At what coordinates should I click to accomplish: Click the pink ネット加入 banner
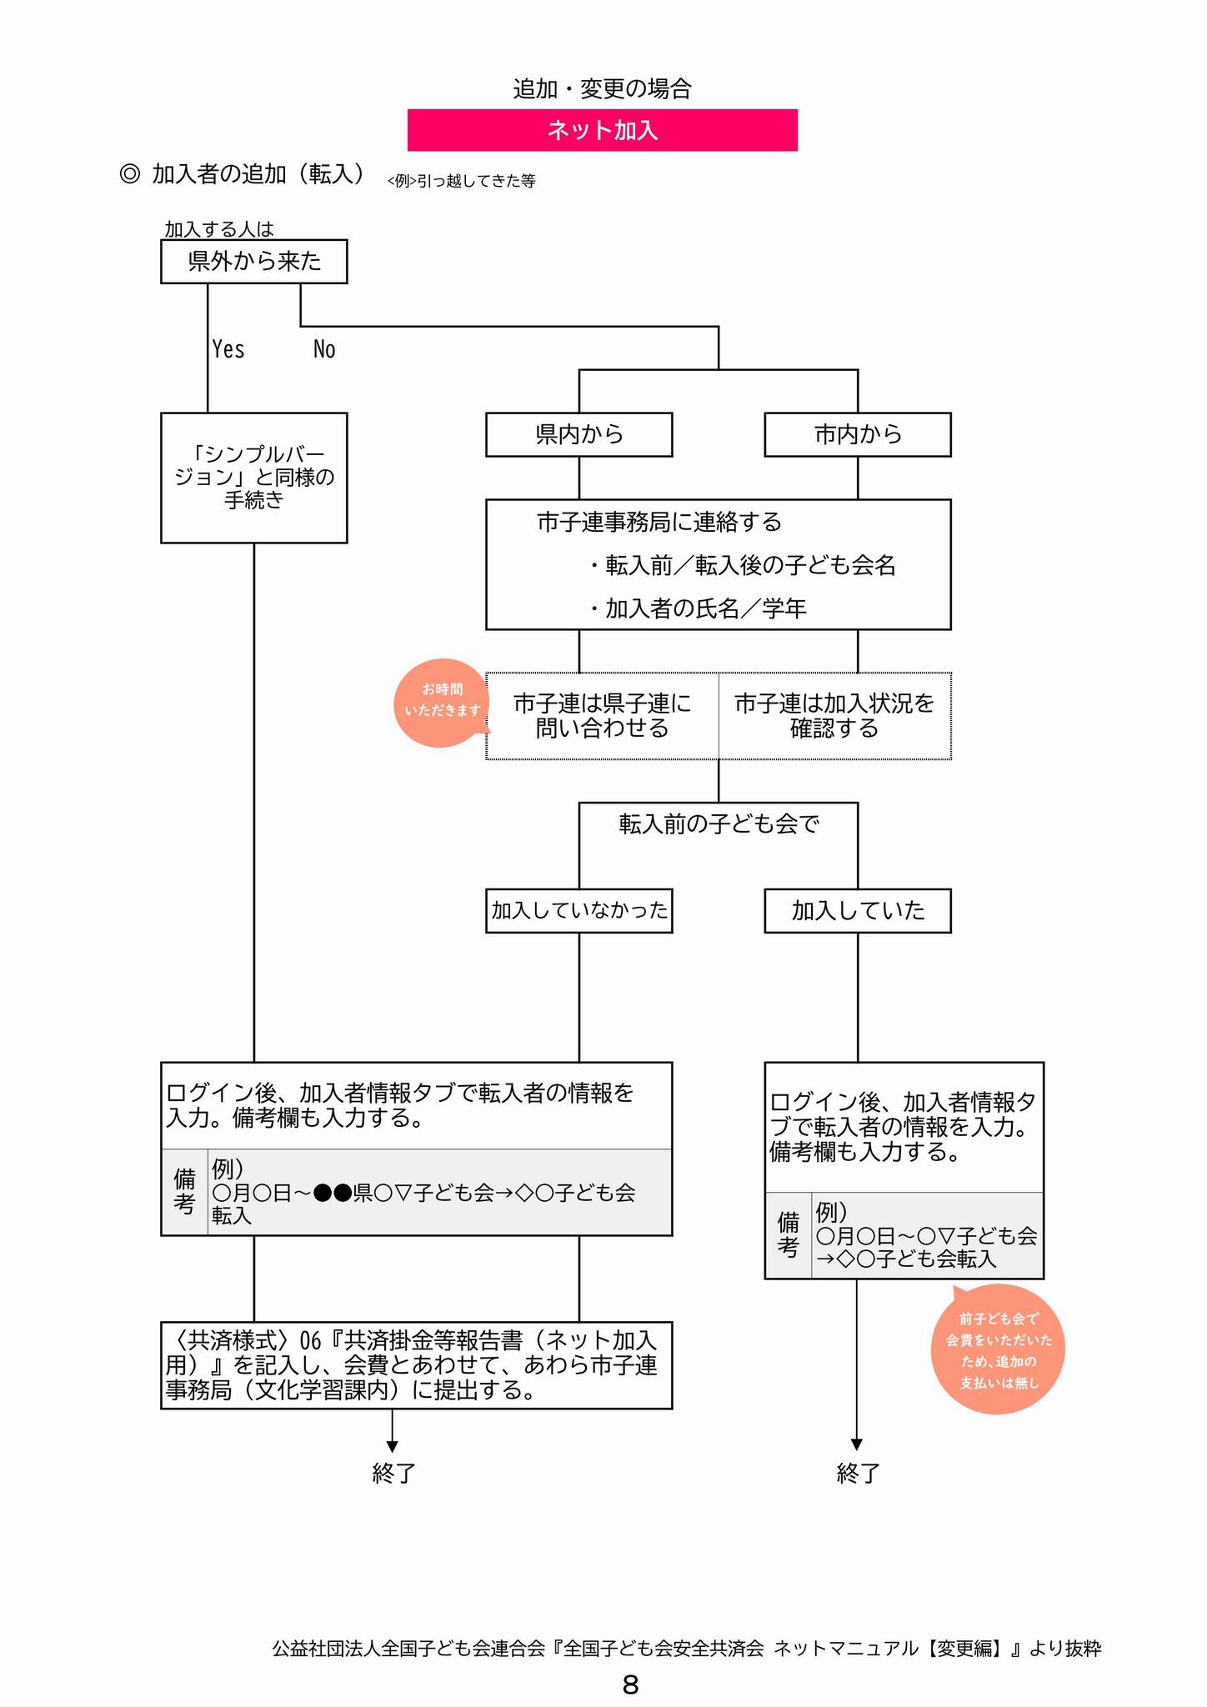(602, 130)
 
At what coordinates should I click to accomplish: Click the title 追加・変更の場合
(602, 88)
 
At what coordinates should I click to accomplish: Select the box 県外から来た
(253, 262)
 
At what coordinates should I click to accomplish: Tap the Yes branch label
(228, 349)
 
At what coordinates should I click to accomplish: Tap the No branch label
(324, 349)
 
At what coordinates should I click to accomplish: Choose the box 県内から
(578, 434)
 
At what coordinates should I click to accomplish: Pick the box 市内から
(857, 434)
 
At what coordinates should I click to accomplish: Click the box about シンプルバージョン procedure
(253, 478)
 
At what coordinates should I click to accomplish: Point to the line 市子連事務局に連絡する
(659, 523)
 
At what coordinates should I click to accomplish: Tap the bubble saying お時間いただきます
(441, 702)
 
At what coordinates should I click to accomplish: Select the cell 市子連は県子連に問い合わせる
(602, 716)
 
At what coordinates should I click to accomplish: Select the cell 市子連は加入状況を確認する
(834, 716)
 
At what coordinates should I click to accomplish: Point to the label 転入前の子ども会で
(719, 824)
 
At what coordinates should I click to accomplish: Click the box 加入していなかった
(578, 910)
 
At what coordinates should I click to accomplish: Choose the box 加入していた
(857, 910)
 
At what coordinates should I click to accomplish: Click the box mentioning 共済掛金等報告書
(416, 1364)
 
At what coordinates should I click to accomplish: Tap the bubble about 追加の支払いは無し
(998, 1350)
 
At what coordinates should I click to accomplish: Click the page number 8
(630, 1684)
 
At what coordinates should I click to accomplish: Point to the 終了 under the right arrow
(857, 1474)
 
